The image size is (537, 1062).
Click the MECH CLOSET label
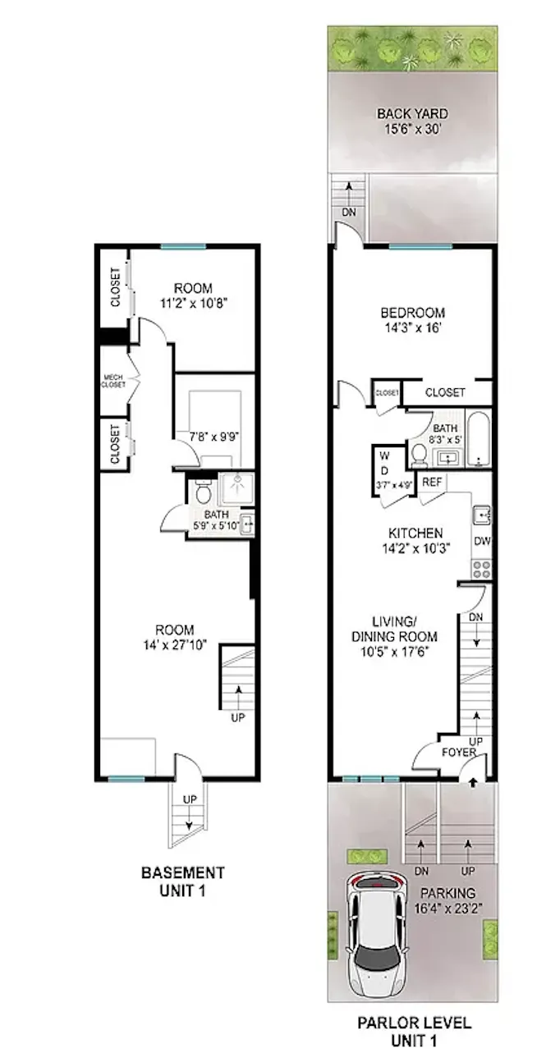click(112, 381)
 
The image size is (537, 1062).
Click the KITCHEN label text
click(412, 533)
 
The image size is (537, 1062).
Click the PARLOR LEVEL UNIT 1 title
click(414, 1030)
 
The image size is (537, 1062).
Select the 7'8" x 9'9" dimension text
click(208, 437)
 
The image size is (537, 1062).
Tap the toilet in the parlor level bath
click(418, 453)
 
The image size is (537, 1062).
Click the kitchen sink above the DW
click(481, 515)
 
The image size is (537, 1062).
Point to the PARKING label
click(448, 892)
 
